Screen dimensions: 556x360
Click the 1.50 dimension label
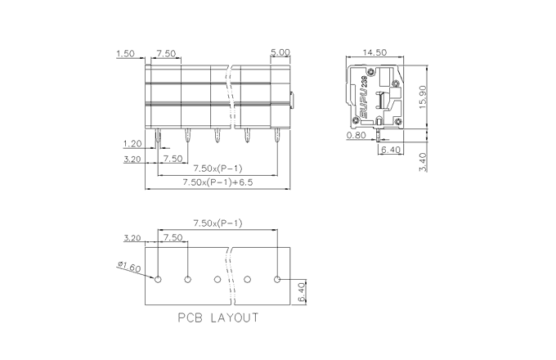(126, 53)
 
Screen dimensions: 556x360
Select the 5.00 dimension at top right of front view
(280, 52)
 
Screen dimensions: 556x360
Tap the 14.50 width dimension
(374, 52)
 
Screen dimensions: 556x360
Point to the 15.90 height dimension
(423, 97)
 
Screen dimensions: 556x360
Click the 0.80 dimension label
(356, 135)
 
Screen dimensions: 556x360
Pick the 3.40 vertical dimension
(423, 162)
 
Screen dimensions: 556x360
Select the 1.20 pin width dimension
(132, 144)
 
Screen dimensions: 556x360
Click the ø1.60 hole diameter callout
(129, 267)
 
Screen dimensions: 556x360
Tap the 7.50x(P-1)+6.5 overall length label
(217, 182)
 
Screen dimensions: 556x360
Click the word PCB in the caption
(190, 317)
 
